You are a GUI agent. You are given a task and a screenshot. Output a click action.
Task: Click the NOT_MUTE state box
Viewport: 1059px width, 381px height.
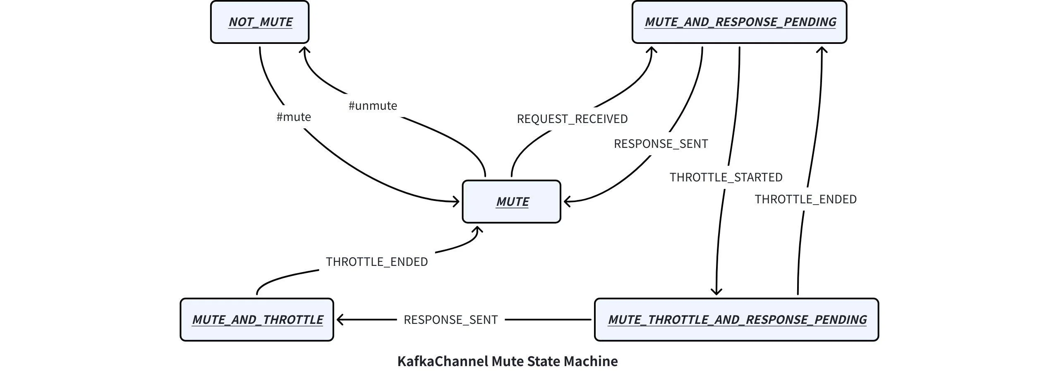coord(260,22)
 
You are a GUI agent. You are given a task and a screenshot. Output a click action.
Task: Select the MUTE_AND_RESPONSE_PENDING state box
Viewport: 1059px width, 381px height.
coord(739,22)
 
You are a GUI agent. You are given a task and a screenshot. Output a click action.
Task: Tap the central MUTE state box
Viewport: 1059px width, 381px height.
coord(511,202)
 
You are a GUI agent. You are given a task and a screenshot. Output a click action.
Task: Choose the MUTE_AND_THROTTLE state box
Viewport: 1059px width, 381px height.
coord(257,320)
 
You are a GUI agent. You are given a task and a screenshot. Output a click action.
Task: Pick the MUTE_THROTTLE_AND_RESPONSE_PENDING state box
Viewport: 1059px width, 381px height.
coord(736,320)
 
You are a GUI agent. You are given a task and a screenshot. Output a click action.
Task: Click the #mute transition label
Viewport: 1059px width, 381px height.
coord(294,117)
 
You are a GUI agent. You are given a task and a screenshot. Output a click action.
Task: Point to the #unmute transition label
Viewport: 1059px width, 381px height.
coord(373,106)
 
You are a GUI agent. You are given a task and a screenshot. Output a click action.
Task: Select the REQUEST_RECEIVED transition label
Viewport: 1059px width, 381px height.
coord(572,119)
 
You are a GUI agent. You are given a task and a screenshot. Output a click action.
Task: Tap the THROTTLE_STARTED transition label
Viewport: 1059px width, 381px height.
coord(726,178)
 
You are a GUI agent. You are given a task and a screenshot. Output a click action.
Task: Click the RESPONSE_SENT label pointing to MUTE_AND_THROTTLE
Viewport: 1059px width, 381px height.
coord(450,320)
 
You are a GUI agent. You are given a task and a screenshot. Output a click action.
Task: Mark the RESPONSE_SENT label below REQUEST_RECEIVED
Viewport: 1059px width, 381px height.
coord(661,144)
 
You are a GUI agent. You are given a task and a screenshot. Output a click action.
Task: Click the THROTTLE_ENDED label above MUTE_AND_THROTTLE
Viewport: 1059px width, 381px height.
coord(376,262)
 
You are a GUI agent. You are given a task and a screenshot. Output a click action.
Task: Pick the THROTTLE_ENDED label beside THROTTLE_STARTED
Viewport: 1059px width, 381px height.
coord(805,200)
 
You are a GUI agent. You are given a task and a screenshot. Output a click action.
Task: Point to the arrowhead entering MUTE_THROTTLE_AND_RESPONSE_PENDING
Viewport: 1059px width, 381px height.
coord(716,292)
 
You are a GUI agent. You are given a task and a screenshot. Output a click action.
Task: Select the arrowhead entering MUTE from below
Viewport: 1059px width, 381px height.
coord(479,229)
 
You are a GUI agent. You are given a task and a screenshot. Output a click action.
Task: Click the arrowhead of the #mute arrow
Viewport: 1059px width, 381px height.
coord(456,202)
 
